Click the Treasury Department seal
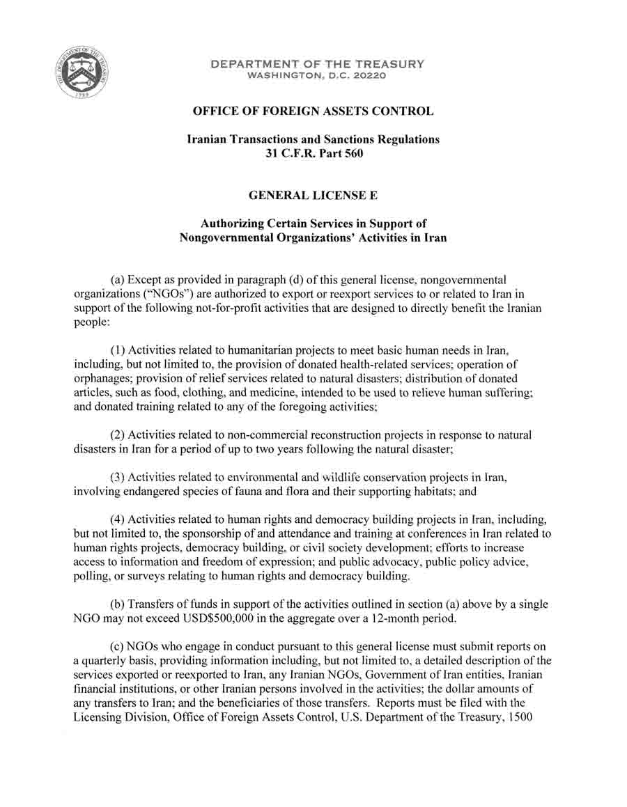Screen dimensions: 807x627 coord(82,74)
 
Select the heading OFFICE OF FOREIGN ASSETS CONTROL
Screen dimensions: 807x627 coord(313,111)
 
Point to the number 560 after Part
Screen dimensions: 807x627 coord(353,153)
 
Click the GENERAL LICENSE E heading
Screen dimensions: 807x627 coord(313,196)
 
